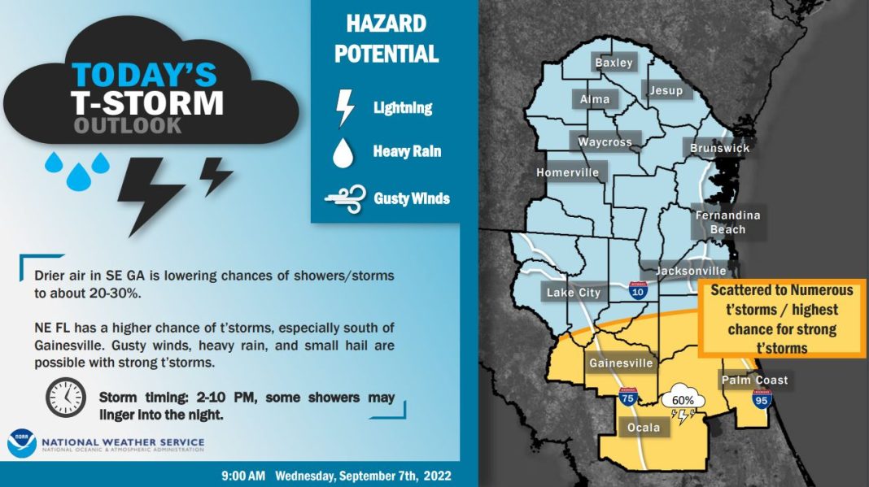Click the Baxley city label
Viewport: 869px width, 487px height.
(614, 63)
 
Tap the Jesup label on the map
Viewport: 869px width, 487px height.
(666, 90)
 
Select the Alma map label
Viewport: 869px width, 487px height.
(595, 99)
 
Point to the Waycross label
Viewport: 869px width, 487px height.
(605, 142)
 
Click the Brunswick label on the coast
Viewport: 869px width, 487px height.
(719, 148)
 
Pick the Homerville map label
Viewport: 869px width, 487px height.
(567, 172)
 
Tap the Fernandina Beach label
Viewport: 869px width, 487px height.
(727, 222)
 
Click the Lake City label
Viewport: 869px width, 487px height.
(574, 293)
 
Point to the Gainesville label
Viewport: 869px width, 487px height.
(621, 363)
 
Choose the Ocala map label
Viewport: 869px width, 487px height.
(647, 427)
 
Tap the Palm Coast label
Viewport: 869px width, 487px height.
(754, 380)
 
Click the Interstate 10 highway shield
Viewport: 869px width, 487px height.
(639, 289)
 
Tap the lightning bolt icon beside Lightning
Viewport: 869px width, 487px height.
(347, 107)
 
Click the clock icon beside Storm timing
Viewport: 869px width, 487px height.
(65, 398)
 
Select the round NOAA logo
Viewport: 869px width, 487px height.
(22, 443)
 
